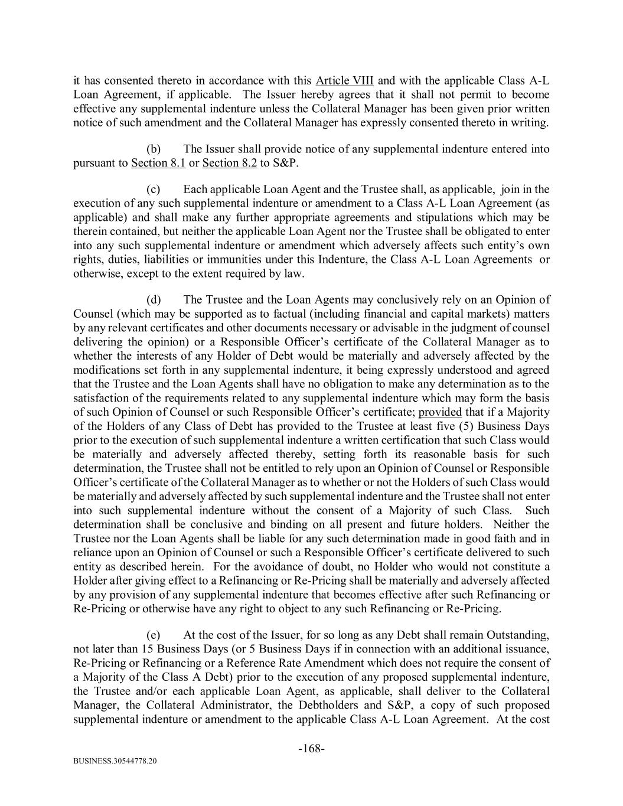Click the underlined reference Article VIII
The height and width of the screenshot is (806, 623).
click(x=344, y=80)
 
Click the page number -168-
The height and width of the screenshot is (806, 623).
click(x=311, y=749)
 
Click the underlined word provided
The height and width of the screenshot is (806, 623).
click(x=440, y=412)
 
